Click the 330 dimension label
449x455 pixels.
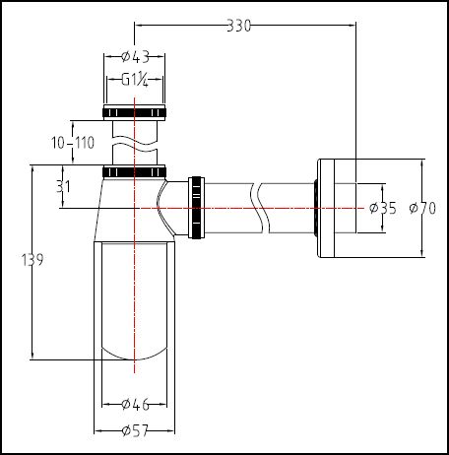(x=238, y=26)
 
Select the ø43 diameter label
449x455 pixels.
(x=136, y=57)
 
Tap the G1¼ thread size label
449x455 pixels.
(x=135, y=80)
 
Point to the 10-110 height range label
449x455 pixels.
(x=73, y=143)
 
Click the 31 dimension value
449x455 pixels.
(x=63, y=186)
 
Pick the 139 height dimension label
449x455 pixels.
(x=32, y=260)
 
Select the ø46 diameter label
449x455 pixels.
(x=136, y=404)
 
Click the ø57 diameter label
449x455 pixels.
(x=135, y=430)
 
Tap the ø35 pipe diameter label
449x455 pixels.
(x=383, y=208)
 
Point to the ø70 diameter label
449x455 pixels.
(x=422, y=208)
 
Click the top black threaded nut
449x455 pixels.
(x=134, y=112)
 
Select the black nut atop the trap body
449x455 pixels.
(x=134, y=171)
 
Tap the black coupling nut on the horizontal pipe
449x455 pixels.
(x=196, y=208)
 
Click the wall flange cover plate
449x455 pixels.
(x=326, y=208)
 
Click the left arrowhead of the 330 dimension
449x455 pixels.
(x=139, y=25)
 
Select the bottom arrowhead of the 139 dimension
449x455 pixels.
(x=32, y=356)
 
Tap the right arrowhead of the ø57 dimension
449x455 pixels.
(x=170, y=430)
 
